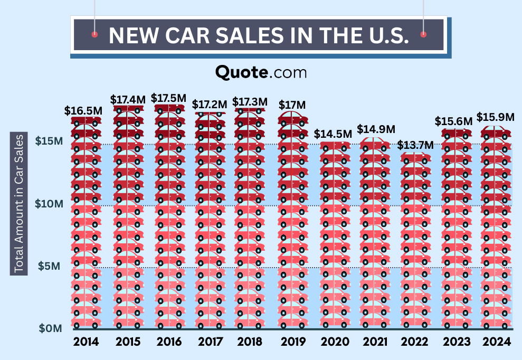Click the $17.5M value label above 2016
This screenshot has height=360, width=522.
pos(168,98)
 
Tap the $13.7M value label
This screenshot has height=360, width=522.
pos(415,145)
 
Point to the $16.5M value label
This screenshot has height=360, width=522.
pos(83,110)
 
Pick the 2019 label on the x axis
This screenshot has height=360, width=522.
pos(293,342)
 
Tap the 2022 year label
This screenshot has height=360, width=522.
pos(414,342)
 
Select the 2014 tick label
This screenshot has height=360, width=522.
pos(86,342)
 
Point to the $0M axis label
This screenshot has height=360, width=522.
pos(51,328)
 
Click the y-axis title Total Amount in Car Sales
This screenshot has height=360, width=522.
pos(20,204)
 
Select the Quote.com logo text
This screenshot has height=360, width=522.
pos(261,72)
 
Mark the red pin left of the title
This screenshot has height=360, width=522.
pos(94,34)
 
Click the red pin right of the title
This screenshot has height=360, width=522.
pos(423,34)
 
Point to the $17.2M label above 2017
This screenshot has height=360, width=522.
pos(210,105)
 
